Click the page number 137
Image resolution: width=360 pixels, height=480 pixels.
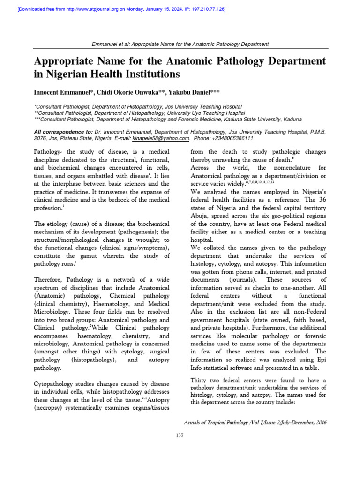[x=180, y=435]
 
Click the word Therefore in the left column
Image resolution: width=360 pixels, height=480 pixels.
[x=51, y=279]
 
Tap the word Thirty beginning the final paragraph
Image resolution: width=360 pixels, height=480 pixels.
[x=199, y=380]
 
